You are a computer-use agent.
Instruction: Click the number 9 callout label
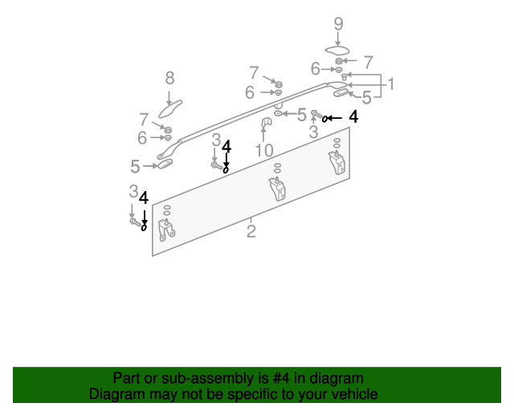tap(338, 25)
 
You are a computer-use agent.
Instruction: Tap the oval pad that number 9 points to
tap(337, 52)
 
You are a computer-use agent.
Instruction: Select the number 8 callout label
tap(169, 78)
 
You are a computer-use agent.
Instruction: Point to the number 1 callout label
tap(391, 83)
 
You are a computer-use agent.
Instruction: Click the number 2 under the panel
tap(251, 232)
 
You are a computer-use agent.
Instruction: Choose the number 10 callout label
tap(264, 150)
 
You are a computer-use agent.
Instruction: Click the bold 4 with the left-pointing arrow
tap(353, 116)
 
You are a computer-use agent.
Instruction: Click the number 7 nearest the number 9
tap(368, 62)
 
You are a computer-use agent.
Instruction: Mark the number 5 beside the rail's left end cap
tap(135, 166)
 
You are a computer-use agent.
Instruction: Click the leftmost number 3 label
tap(133, 191)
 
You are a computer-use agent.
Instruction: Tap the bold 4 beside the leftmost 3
tap(144, 197)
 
